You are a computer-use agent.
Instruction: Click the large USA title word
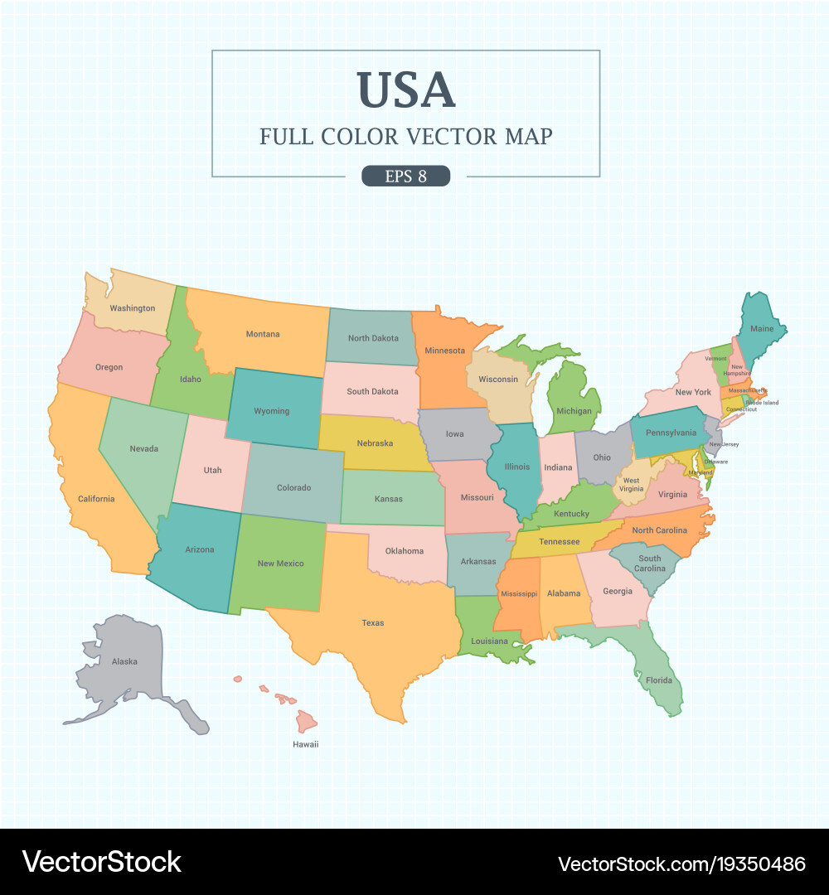406,90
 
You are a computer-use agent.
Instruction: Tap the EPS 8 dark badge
405,176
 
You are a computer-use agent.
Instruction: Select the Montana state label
263,335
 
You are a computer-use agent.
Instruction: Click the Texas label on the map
373,623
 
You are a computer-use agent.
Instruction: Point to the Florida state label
659,681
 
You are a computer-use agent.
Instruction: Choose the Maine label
762,329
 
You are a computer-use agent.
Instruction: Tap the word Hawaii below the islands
305,744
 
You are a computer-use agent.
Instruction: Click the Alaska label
124,661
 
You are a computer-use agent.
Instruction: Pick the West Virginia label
632,485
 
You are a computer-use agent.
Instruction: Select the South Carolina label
650,564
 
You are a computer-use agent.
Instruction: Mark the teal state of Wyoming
272,411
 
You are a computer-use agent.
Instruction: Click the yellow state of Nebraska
375,443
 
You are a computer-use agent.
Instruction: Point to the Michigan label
574,411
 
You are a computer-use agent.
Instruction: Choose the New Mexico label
280,564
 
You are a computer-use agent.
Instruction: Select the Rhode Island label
762,403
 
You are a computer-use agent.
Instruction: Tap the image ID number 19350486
753,864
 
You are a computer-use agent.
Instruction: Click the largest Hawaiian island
306,721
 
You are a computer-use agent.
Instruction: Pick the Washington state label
133,308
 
